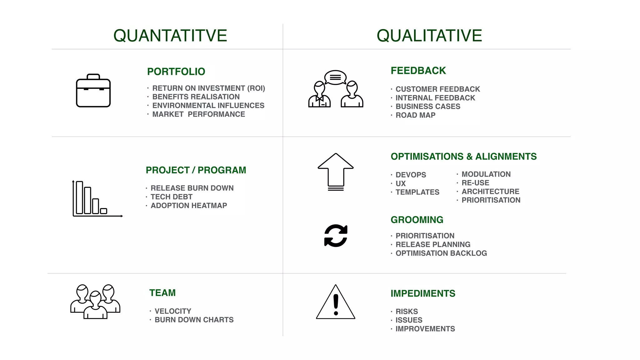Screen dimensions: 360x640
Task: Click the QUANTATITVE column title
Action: pyautogui.click(x=170, y=36)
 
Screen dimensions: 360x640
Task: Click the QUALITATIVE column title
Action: pyautogui.click(x=429, y=36)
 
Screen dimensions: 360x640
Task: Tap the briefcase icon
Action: pyautogui.click(x=93, y=91)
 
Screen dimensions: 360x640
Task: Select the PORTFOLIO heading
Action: pyautogui.click(x=176, y=72)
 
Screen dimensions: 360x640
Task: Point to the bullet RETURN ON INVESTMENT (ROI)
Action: pyautogui.click(x=208, y=88)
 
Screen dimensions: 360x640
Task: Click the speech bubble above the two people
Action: pyautogui.click(x=335, y=77)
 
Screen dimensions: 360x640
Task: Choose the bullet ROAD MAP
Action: pyautogui.click(x=415, y=115)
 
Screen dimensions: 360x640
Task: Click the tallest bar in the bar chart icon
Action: pyautogui.click(x=79, y=197)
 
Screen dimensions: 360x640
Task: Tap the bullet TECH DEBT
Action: pyautogui.click(x=171, y=197)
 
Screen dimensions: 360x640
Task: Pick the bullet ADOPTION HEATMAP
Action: pyautogui.click(x=189, y=206)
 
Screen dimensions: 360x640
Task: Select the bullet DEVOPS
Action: pyautogui.click(x=411, y=175)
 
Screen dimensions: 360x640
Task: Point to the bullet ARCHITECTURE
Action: pyautogui.click(x=490, y=192)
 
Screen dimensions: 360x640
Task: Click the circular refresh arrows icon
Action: pyautogui.click(x=336, y=236)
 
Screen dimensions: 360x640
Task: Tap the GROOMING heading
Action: pyautogui.click(x=417, y=220)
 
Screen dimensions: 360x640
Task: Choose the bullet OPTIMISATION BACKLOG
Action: pyautogui.click(x=441, y=253)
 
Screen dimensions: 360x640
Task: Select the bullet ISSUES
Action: pyautogui.click(x=409, y=320)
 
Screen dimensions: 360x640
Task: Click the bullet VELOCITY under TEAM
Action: pyautogui.click(x=173, y=311)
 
